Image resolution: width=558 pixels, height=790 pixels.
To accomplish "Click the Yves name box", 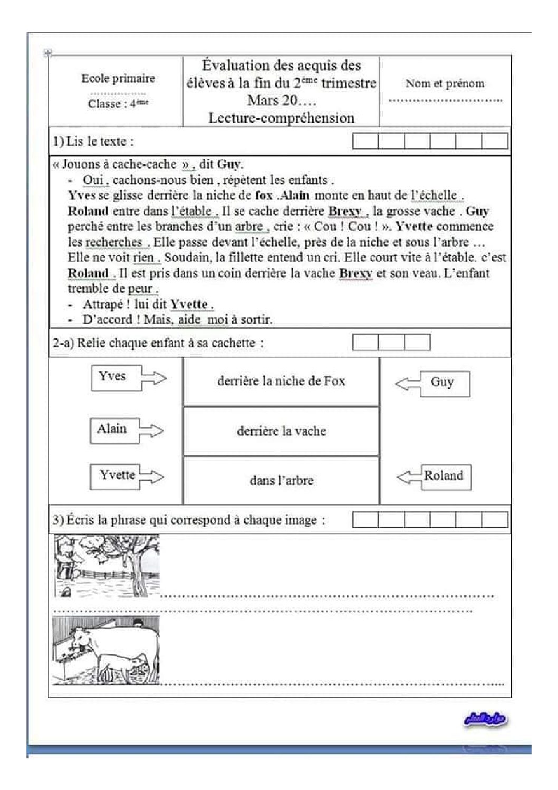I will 112,377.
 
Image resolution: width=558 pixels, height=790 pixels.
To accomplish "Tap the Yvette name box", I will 117,475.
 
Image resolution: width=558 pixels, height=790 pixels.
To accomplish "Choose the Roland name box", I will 444,476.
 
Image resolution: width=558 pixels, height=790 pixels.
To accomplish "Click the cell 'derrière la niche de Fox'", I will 281,382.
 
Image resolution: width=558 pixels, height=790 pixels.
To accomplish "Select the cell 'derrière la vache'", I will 281,431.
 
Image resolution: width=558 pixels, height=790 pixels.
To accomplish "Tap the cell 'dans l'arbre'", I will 281,481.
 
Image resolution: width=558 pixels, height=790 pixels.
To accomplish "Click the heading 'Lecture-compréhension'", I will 281,118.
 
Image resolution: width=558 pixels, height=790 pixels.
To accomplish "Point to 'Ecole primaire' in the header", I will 118,79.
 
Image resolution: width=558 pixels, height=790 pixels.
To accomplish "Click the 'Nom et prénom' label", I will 445,83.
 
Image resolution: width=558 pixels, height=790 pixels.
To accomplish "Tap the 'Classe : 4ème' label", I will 118,103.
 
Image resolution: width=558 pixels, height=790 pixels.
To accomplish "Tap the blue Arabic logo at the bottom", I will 486,719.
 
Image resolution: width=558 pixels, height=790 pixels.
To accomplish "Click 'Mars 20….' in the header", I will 274,100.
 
